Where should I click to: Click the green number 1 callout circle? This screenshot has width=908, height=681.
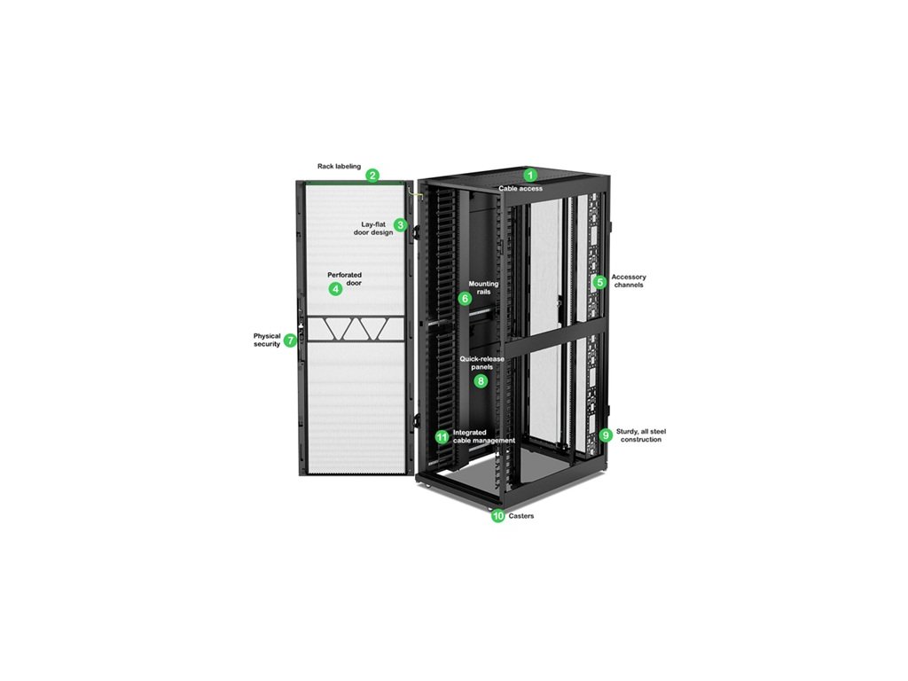click(x=530, y=175)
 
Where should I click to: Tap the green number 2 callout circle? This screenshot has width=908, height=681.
click(x=373, y=176)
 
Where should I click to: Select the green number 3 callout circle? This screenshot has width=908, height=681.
click(x=401, y=225)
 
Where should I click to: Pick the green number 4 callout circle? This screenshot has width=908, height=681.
click(x=334, y=289)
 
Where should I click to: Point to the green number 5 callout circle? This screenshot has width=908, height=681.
click(x=600, y=282)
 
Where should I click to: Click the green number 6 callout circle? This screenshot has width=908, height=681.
click(x=466, y=299)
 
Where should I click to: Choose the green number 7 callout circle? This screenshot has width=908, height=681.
click(x=290, y=340)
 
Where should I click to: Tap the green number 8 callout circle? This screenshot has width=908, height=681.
click(x=481, y=381)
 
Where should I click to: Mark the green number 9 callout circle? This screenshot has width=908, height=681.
click(x=606, y=435)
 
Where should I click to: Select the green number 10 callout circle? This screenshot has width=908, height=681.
click(x=497, y=515)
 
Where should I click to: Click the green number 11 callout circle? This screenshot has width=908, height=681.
click(x=442, y=437)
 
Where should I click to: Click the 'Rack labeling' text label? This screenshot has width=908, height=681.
click(x=339, y=166)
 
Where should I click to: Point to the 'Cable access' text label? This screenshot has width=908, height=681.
click(x=521, y=189)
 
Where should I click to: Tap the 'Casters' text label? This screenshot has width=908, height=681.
click(x=521, y=516)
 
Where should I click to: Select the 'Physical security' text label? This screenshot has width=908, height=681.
click(x=267, y=340)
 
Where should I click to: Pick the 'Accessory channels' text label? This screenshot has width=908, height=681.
click(x=629, y=281)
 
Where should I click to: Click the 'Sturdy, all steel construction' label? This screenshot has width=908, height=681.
click(x=641, y=435)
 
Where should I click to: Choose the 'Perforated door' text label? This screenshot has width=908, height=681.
click(x=344, y=279)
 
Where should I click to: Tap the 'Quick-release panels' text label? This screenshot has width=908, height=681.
click(x=481, y=363)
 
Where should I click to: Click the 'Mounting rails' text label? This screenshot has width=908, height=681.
click(x=483, y=287)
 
